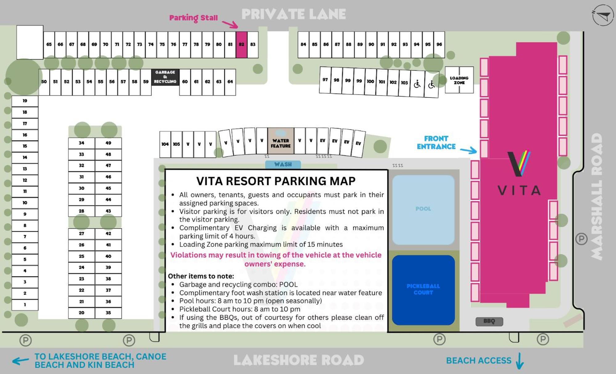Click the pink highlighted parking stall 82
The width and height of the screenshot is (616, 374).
pos(241,45)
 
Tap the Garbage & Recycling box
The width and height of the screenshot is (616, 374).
pos(165,77)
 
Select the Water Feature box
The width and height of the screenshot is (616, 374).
pos(280,141)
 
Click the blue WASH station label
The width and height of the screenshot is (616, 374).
pos(283,165)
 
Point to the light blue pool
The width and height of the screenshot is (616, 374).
pos(423,210)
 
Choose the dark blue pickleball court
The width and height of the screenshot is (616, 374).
pos(423,290)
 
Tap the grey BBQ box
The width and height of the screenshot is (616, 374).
pos(489,321)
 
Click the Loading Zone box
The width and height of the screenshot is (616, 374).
pos(459,80)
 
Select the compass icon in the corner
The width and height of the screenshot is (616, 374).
pos(603,15)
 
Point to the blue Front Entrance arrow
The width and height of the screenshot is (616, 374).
pos(468,150)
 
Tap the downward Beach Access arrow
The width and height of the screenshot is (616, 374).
pos(520,361)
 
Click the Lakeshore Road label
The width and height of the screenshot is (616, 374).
pos(299,360)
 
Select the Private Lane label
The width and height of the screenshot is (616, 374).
pos(294,14)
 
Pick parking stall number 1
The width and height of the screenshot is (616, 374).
pos(25,305)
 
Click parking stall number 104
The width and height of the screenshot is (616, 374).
pos(165,144)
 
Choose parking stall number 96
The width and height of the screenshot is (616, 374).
pos(439,45)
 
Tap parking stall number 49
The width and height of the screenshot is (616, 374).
pos(108,143)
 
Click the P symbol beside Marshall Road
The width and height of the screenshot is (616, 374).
pos(581,239)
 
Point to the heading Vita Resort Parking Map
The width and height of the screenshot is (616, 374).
pos(276,181)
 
